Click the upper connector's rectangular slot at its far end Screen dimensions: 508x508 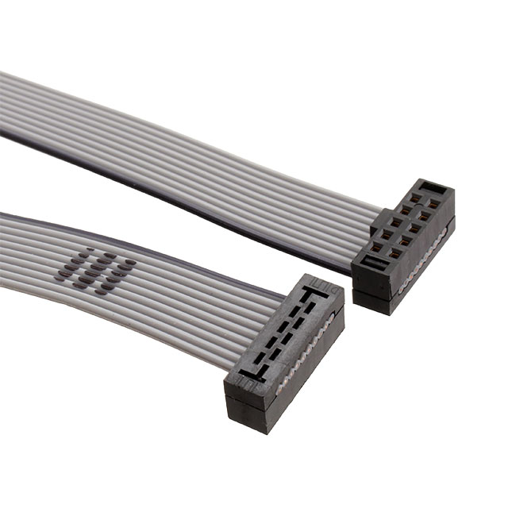(431, 189)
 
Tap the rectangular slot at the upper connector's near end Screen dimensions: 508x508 (372, 263)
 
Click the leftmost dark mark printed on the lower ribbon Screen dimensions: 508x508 (62, 275)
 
